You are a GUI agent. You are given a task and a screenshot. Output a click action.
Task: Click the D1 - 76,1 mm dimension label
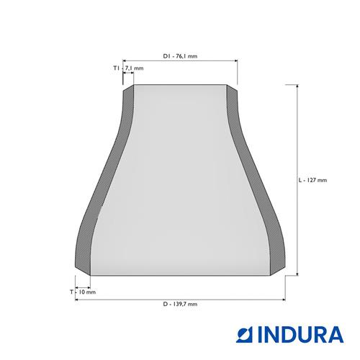point(180,56)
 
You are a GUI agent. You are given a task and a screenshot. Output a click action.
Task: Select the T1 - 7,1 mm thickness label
point(128,68)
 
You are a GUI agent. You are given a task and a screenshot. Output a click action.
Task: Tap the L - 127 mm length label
point(312,180)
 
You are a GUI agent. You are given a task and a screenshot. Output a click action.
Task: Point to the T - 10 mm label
point(83,292)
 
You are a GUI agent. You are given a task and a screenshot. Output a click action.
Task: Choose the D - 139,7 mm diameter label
point(180,304)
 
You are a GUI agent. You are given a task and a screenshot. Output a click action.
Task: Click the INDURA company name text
point(301,334)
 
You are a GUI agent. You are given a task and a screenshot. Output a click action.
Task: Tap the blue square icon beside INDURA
point(246,334)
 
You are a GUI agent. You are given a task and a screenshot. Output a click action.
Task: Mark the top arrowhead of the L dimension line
point(297,86)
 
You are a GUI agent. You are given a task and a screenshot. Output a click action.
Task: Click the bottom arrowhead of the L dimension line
point(297,274)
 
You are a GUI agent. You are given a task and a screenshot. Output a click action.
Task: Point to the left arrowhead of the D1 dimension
point(125,61)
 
